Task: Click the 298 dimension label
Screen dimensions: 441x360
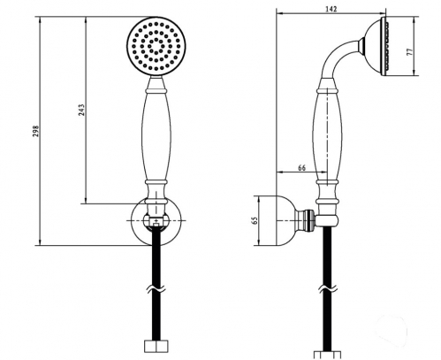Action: pyautogui.click(x=35, y=131)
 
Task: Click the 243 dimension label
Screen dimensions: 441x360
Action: pyautogui.click(x=81, y=110)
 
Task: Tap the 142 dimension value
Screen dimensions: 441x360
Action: pyautogui.click(x=331, y=9)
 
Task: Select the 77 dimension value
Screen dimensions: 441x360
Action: pyautogui.click(x=409, y=52)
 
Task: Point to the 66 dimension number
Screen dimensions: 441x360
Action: pyautogui.click(x=301, y=168)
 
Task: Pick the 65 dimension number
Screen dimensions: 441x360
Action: pyautogui.click(x=255, y=220)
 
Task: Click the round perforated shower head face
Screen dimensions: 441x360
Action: pyautogui.click(x=156, y=47)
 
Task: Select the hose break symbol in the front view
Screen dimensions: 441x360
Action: pyautogui.click(x=156, y=290)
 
